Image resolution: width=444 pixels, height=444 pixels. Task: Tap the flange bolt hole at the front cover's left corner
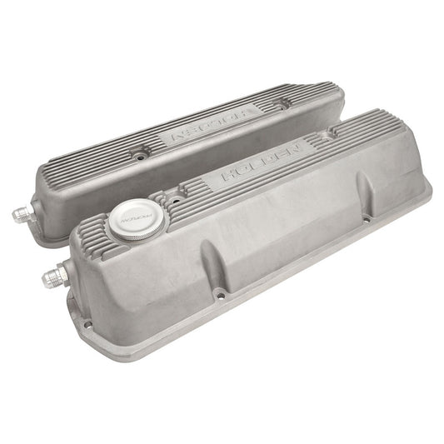(x=86, y=323)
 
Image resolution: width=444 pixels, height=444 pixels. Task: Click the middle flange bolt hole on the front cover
(x=219, y=292)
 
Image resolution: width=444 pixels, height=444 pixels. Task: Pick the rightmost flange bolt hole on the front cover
(x=367, y=220)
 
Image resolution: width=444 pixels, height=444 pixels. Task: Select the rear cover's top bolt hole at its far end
(x=285, y=104)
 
